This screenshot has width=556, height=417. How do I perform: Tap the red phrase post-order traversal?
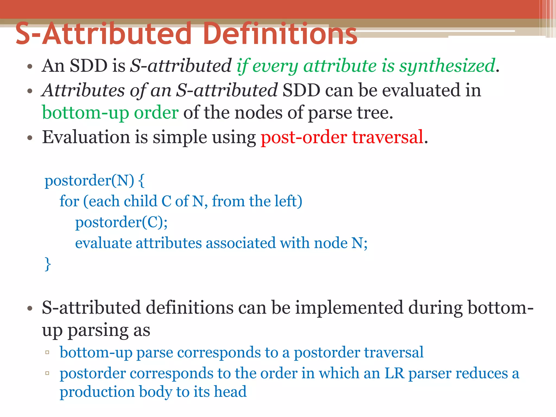click(x=342, y=137)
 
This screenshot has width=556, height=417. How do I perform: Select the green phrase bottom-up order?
click(x=110, y=113)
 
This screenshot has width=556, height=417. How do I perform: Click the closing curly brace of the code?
click(x=48, y=264)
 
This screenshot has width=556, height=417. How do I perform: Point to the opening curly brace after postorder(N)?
click(x=141, y=181)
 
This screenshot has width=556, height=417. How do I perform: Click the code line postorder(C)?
click(x=121, y=222)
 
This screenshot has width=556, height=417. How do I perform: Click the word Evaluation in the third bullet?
click(x=86, y=137)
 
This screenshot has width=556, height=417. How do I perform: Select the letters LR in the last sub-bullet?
click(x=394, y=374)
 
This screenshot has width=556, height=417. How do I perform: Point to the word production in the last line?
click(x=97, y=392)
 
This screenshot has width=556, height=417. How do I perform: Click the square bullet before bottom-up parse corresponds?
click(x=47, y=352)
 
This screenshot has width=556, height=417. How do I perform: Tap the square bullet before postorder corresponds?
click(x=47, y=373)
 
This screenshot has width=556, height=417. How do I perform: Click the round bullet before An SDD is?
click(x=30, y=67)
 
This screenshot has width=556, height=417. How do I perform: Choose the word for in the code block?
click(x=69, y=201)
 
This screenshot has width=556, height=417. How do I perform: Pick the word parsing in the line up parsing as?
click(x=98, y=331)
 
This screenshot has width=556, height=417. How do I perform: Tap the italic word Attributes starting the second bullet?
click(x=83, y=90)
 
